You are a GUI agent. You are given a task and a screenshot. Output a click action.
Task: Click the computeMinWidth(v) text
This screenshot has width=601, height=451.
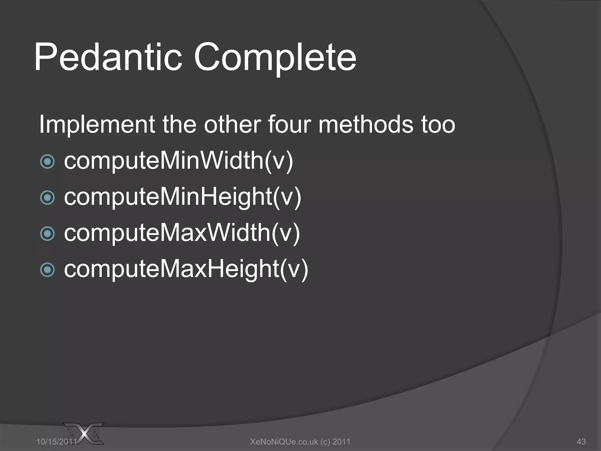point(178,161)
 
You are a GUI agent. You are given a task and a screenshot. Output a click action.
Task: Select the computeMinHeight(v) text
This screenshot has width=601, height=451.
point(183,197)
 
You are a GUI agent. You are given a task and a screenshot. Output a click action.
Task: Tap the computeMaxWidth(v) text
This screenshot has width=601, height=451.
point(182,233)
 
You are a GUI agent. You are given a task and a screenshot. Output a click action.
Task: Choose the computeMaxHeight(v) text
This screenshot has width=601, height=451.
point(186,269)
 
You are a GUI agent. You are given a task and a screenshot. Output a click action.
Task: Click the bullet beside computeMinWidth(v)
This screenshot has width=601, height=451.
point(47,161)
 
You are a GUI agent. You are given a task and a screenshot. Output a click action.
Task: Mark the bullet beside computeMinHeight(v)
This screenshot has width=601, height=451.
point(47,198)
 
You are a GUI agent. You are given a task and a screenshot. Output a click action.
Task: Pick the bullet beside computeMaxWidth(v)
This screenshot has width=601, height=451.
point(47,234)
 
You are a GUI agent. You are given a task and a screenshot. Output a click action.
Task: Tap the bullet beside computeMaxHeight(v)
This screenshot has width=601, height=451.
point(47,270)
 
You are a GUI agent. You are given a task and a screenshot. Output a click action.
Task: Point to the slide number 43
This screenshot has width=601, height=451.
point(581,441)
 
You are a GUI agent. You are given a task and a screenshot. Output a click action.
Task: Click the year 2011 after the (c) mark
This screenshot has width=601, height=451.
point(341,441)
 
